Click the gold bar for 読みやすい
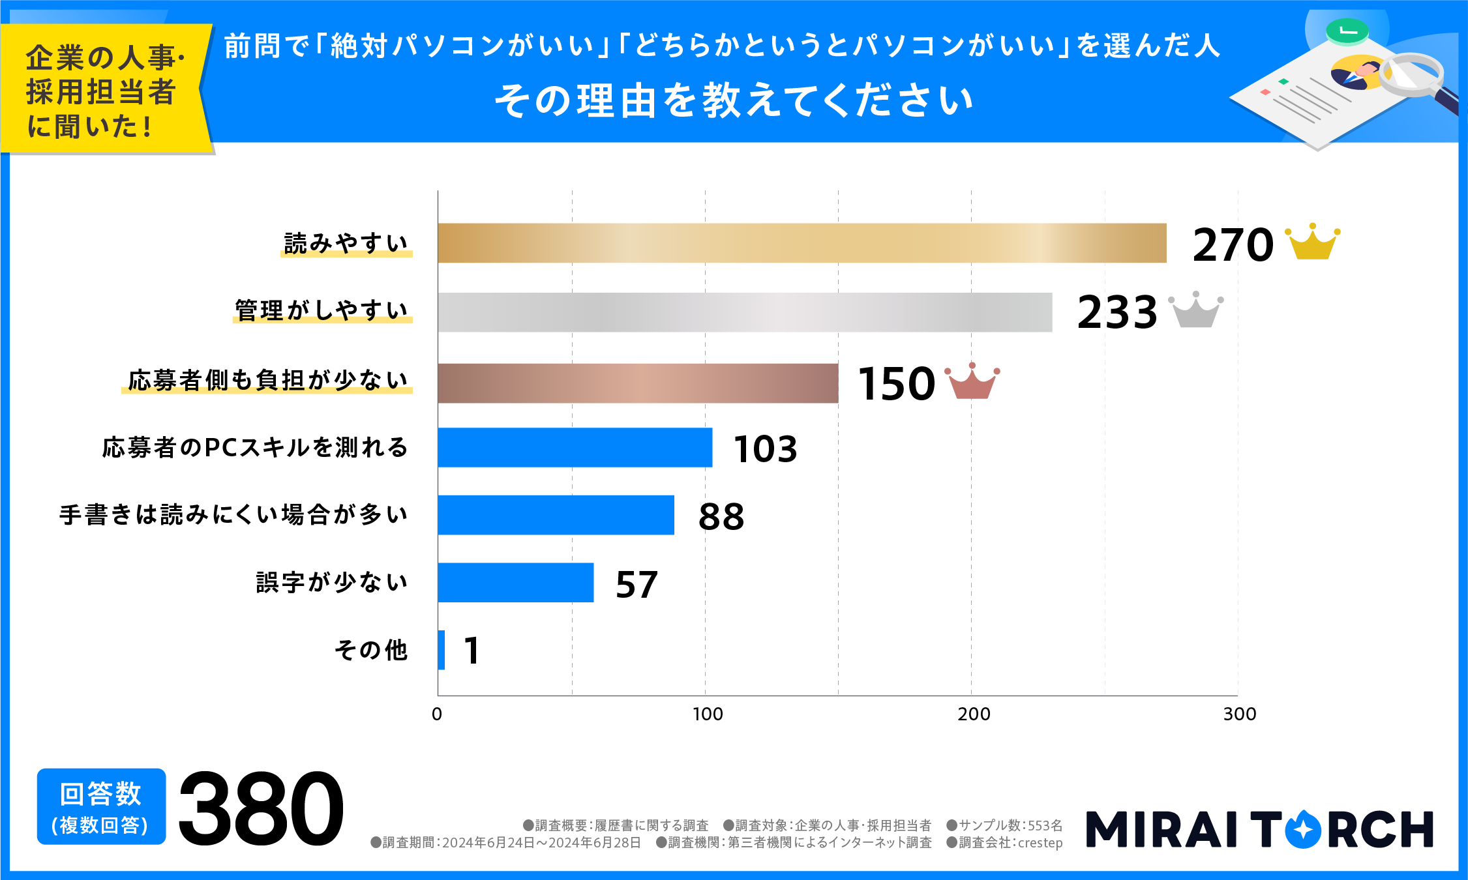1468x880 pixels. [x=801, y=243]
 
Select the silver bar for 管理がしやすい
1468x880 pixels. [x=745, y=312]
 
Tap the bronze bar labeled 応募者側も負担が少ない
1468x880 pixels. [x=638, y=383]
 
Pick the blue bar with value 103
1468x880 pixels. [x=575, y=448]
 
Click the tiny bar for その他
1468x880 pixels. [x=442, y=650]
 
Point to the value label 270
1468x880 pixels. [x=1232, y=246]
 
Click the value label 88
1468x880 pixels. [x=721, y=517]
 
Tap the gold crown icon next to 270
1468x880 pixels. [x=1312, y=242]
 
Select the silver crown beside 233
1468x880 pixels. [x=1195, y=310]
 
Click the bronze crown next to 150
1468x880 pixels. [x=972, y=382]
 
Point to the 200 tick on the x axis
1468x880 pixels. [x=974, y=714]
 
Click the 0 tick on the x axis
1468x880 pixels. [x=437, y=714]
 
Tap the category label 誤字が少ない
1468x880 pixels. [x=332, y=582]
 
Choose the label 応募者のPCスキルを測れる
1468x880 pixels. [x=255, y=448]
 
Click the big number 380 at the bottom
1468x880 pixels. [x=261, y=808]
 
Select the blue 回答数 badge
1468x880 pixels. [x=101, y=807]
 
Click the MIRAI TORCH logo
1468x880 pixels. [x=1259, y=829]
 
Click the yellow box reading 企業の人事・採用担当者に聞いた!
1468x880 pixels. [x=104, y=90]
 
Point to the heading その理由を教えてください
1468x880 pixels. [x=734, y=101]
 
